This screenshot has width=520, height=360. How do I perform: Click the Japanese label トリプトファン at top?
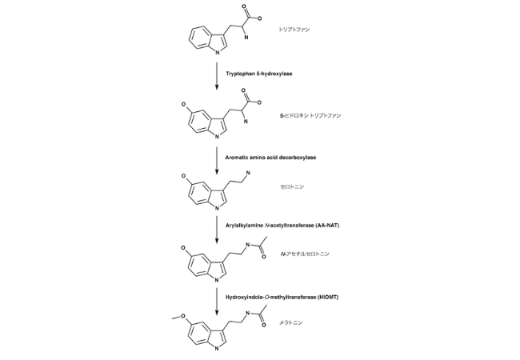[294, 30]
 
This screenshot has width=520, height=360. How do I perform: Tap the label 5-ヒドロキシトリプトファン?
[310, 116]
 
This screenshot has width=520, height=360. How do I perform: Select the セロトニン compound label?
[292, 186]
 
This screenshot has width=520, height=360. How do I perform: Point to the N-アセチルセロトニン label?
[305, 254]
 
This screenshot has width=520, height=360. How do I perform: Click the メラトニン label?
[291, 322]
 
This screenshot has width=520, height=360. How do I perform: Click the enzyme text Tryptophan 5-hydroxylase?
[259, 74]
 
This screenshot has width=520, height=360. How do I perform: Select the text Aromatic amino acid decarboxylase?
[270, 158]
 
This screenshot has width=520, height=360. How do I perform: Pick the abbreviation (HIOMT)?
[328, 297]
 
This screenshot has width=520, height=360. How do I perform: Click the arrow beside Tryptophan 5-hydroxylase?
[217, 76]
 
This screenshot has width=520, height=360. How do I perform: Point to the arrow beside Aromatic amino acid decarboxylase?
[217, 161]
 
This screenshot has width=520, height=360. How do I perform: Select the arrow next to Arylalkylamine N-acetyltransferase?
[217, 230]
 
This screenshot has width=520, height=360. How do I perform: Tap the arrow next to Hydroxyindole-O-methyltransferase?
[217, 301]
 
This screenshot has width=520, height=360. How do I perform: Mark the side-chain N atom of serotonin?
[248, 173]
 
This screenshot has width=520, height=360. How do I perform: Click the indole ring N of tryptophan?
[218, 53]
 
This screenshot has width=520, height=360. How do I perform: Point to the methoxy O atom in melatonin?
[183, 316]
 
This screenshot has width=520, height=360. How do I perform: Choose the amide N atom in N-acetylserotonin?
[247, 245]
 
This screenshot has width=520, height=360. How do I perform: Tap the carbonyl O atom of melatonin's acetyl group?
[264, 325]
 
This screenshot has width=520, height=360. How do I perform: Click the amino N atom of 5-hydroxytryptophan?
[246, 122]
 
